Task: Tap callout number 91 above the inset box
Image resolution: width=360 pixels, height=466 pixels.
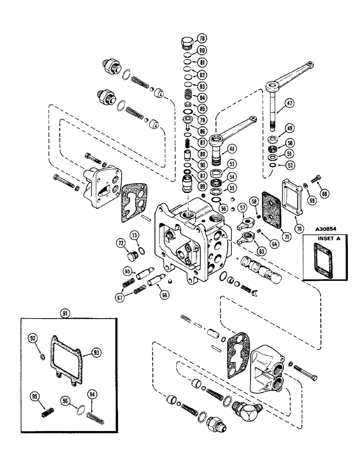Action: [x=65, y=314]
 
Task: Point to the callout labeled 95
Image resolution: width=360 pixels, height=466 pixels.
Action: [x=34, y=397]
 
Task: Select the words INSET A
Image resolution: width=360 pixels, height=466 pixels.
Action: [x=325, y=240]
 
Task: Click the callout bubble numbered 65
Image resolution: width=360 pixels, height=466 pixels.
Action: [x=127, y=270]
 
